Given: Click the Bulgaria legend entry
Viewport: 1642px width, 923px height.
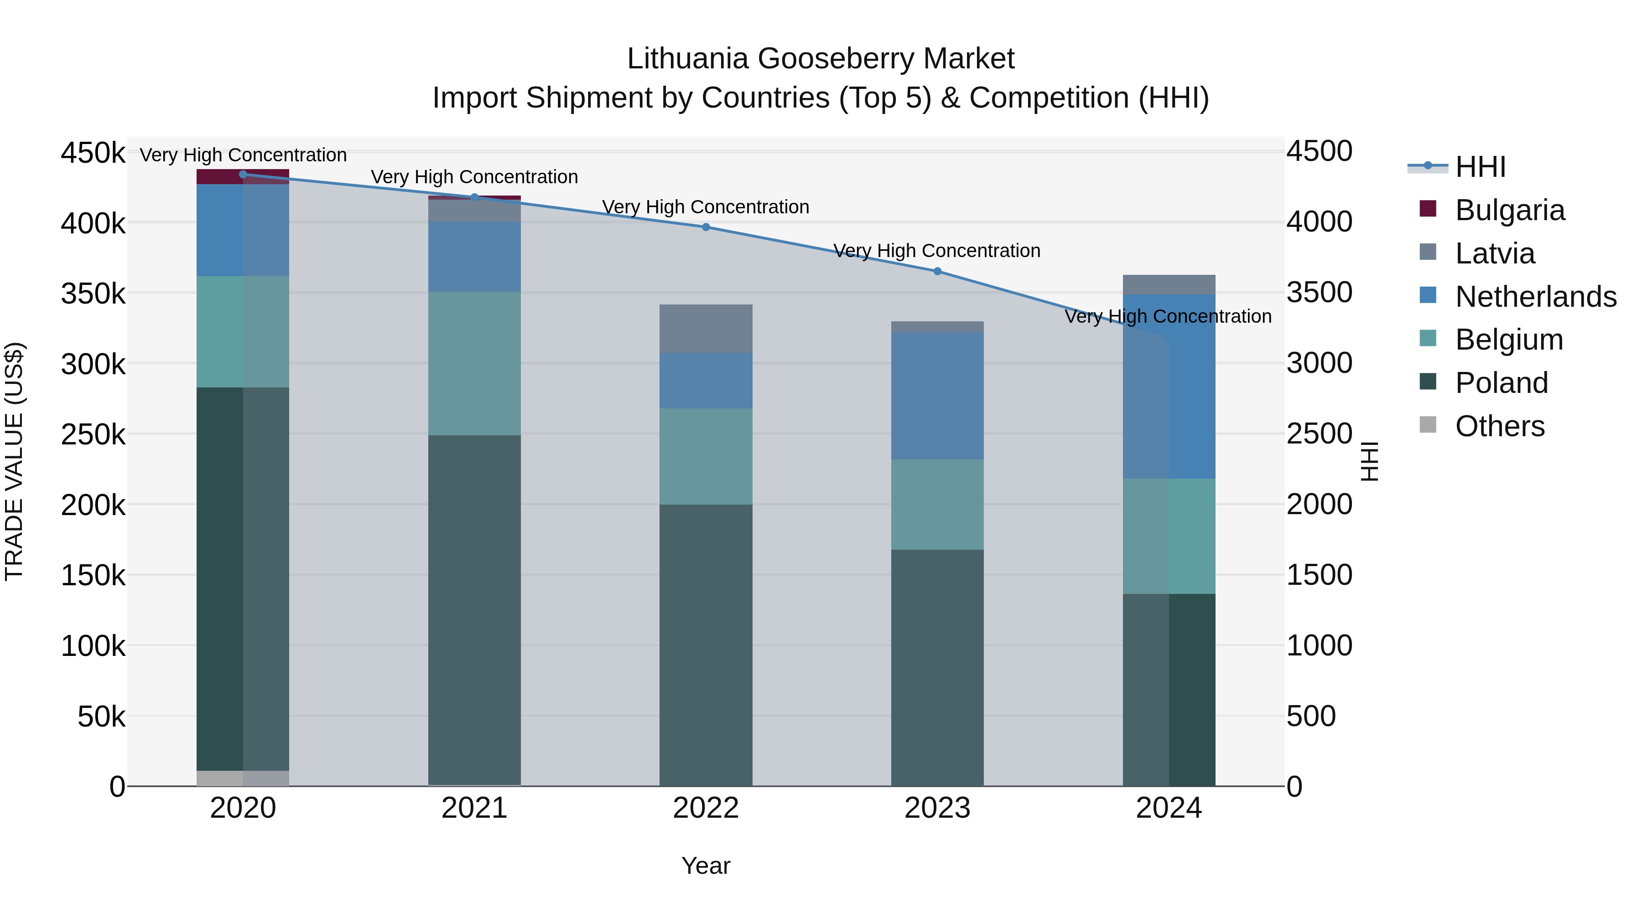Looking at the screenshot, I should (x=1509, y=210).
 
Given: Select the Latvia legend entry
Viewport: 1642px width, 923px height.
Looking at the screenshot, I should (x=1494, y=253).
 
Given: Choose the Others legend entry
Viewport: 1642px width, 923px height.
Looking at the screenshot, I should (x=1499, y=426).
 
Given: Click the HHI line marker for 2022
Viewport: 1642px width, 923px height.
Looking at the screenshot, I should (x=706, y=227).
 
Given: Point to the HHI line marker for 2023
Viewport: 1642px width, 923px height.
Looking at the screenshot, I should (x=937, y=271).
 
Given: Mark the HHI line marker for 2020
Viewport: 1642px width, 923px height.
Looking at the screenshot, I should (x=243, y=175).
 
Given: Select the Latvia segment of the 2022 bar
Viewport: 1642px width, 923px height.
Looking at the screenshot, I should (x=706, y=329).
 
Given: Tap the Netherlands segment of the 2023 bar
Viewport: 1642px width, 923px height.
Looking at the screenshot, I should (x=937, y=395).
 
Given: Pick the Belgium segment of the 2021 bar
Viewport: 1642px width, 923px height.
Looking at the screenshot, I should (x=474, y=363).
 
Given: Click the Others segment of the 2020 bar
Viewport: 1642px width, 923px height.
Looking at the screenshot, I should (x=243, y=779).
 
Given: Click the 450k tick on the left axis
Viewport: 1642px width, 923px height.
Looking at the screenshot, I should (x=93, y=154).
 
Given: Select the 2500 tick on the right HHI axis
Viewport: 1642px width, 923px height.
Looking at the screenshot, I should (x=1319, y=434).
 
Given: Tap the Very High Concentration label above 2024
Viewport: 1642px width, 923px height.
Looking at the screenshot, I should (x=1168, y=317).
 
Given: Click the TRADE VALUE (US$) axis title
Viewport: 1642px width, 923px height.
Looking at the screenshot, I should (x=15, y=461).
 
